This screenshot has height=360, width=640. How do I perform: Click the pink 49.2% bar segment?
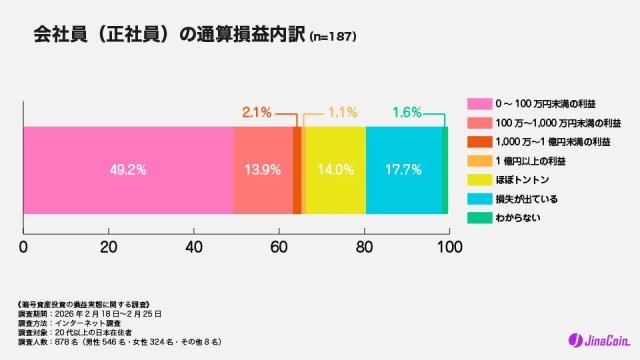(128, 170)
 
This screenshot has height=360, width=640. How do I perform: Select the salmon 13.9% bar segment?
(263, 170)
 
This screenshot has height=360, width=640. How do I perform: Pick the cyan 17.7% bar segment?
(403, 170)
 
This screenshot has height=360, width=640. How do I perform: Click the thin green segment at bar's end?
(444, 170)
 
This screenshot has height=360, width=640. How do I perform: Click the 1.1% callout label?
(343, 112)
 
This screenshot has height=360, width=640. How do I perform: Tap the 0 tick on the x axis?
(23, 245)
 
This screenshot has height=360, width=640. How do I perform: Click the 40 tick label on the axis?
(194, 245)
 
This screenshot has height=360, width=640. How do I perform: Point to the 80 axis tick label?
(365, 245)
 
